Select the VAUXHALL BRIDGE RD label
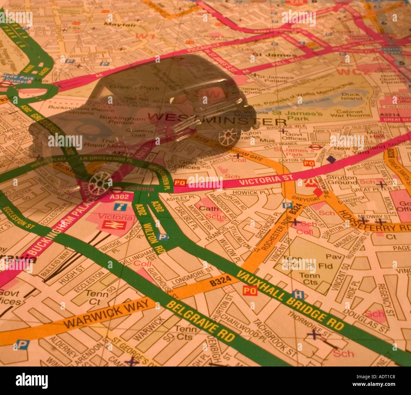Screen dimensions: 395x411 [x=290, y=299]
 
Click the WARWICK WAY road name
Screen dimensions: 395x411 [x=107, y=313]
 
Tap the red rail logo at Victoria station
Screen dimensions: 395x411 [x=114, y=225]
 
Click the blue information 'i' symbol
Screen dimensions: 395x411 [x=120, y=207]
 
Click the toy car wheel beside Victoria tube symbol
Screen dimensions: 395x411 [x=99, y=183]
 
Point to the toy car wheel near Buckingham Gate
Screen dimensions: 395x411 [x=227, y=137]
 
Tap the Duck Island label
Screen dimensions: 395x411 [x=351, y=96]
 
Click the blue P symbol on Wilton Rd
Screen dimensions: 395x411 [x=163, y=236]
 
